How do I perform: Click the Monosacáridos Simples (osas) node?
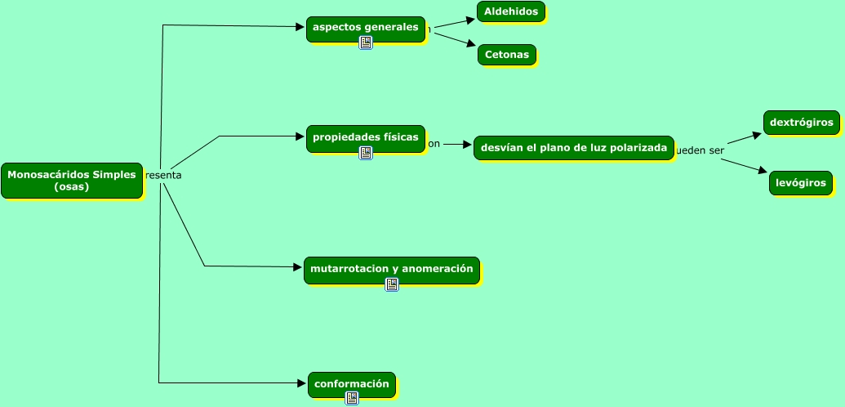72,181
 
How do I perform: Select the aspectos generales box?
365,28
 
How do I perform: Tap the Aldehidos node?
511,11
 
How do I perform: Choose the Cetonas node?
506,55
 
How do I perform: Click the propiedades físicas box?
365,137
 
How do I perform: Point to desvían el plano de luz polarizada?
573,148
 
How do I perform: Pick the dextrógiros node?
801,123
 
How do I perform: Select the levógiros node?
800,183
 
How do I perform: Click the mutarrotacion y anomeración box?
391,269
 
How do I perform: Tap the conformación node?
351,383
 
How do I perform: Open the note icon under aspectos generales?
366,42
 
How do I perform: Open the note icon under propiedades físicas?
366,153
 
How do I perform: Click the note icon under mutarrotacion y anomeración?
392,284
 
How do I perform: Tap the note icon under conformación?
352,398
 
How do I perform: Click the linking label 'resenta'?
163,175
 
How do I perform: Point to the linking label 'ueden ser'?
700,150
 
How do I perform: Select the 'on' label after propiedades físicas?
434,144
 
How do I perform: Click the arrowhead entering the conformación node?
301,382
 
